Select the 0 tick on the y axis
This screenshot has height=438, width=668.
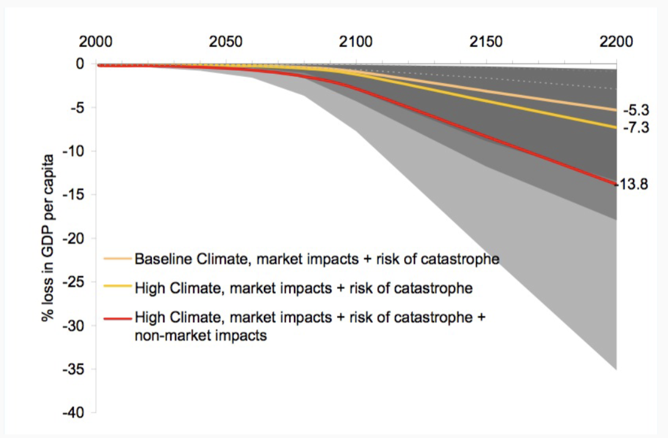(x=79, y=64)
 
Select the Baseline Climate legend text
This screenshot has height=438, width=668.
(x=316, y=258)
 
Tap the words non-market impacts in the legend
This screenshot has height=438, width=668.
(x=200, y=335)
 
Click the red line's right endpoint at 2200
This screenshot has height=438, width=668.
(x=616, y=184)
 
